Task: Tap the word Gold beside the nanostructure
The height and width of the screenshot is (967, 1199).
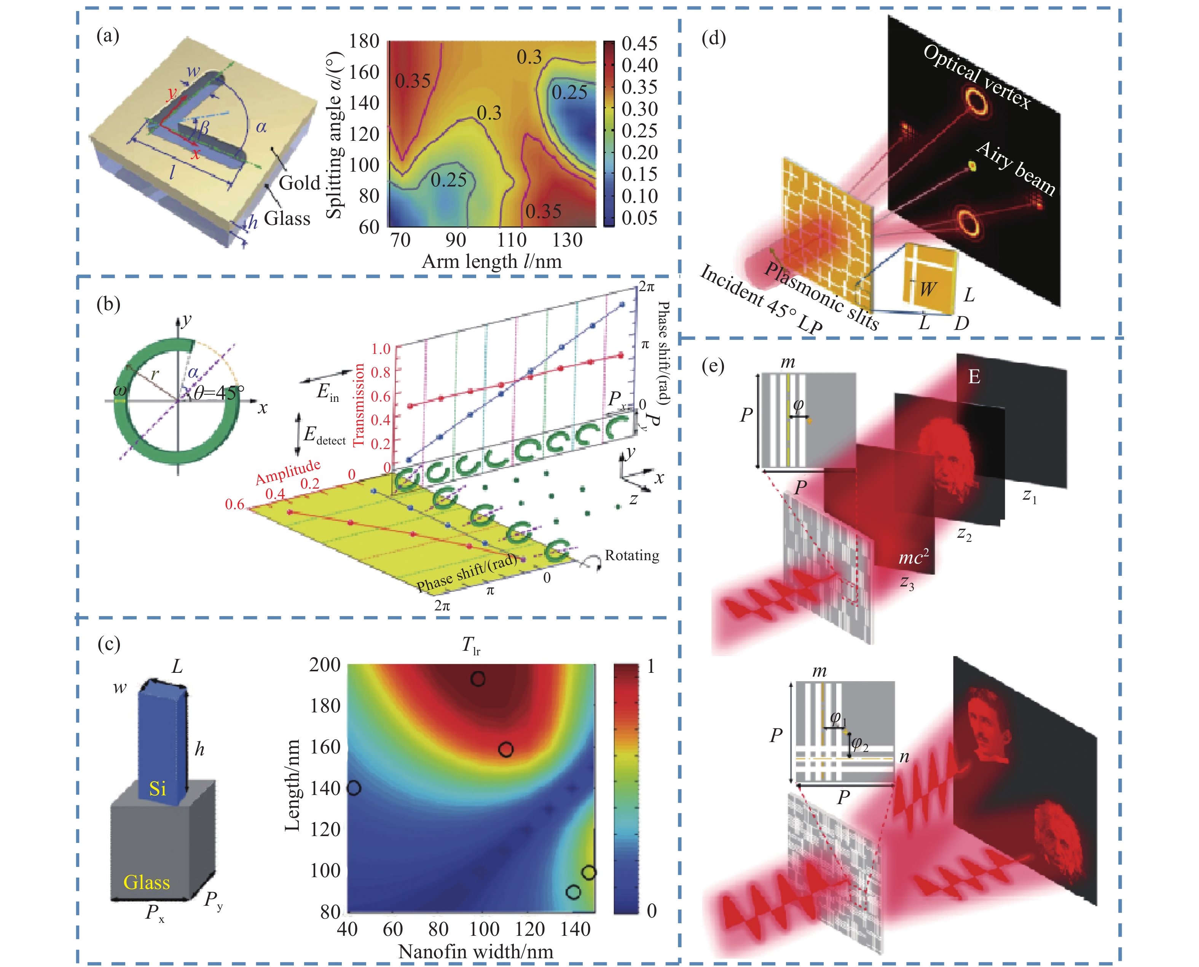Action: coord(299,183)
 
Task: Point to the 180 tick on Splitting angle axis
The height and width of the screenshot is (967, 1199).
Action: coord(364,41)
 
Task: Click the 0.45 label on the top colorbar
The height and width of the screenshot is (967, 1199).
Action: coord(639,43)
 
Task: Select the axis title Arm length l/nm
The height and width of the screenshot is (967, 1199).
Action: coord(491,261)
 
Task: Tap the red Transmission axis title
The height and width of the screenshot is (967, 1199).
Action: coord(359,405)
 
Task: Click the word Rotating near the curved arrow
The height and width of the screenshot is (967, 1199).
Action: coord(632,555)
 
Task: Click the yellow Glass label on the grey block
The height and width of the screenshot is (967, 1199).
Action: coord(147,883)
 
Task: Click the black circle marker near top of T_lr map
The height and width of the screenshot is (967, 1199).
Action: coord(477,679)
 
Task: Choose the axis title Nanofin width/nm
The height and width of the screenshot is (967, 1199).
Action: coord(475,952)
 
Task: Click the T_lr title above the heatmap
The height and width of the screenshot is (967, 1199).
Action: coord(471,645)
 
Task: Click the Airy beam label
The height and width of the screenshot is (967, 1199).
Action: coord(1016,168)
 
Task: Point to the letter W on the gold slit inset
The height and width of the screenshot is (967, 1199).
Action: coord(927,289)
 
